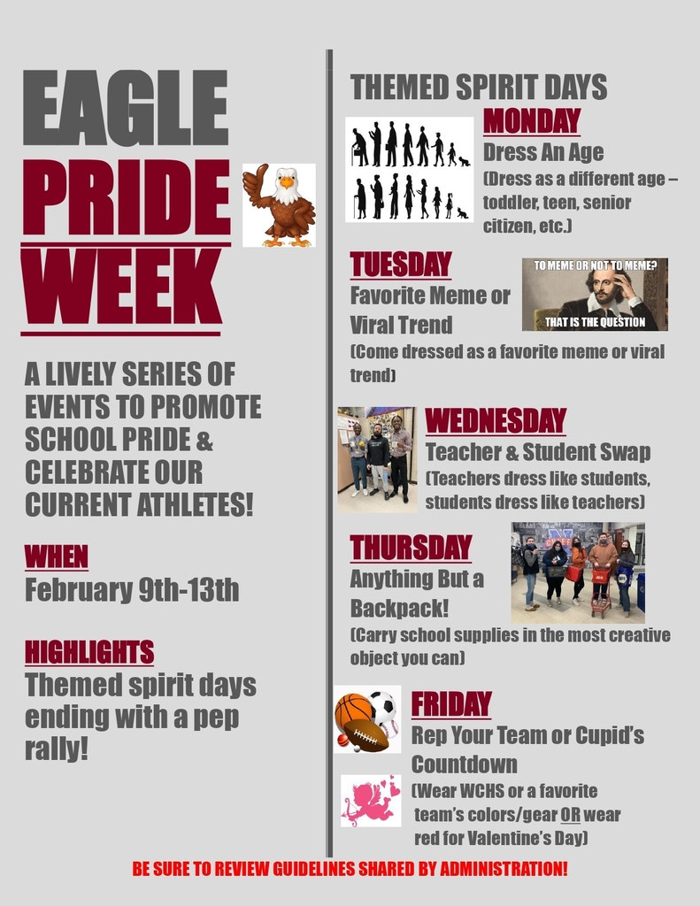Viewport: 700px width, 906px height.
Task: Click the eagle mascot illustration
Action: coord(280,206)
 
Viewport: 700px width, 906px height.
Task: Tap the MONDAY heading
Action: coord(531,121)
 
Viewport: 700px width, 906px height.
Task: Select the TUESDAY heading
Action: coord(400,265)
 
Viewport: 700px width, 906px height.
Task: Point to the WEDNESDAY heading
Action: coord(495,420)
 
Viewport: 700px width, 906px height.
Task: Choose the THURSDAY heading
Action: coord(411,548)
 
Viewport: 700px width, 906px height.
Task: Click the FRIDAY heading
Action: coord(450,704)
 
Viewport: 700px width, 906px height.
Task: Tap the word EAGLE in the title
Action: coord(125,107)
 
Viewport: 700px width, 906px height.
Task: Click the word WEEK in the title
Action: coord(121,288)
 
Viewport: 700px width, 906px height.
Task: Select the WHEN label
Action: coord(57,557)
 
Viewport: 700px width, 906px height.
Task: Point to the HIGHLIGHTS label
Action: coord(89,652)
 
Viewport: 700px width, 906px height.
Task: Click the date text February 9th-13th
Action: coord(132,590)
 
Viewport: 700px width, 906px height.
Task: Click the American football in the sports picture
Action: coord(365,735)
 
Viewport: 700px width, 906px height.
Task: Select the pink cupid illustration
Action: coord(369,801)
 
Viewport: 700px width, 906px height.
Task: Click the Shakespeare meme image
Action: coord(595,295)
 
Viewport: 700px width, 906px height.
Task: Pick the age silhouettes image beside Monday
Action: coord(409,170)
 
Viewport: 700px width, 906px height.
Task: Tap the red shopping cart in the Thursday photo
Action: coord(601,588)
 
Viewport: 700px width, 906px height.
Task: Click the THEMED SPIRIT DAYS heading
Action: coord(478,88)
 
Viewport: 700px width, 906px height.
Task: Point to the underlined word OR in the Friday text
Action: coord(570,814)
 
